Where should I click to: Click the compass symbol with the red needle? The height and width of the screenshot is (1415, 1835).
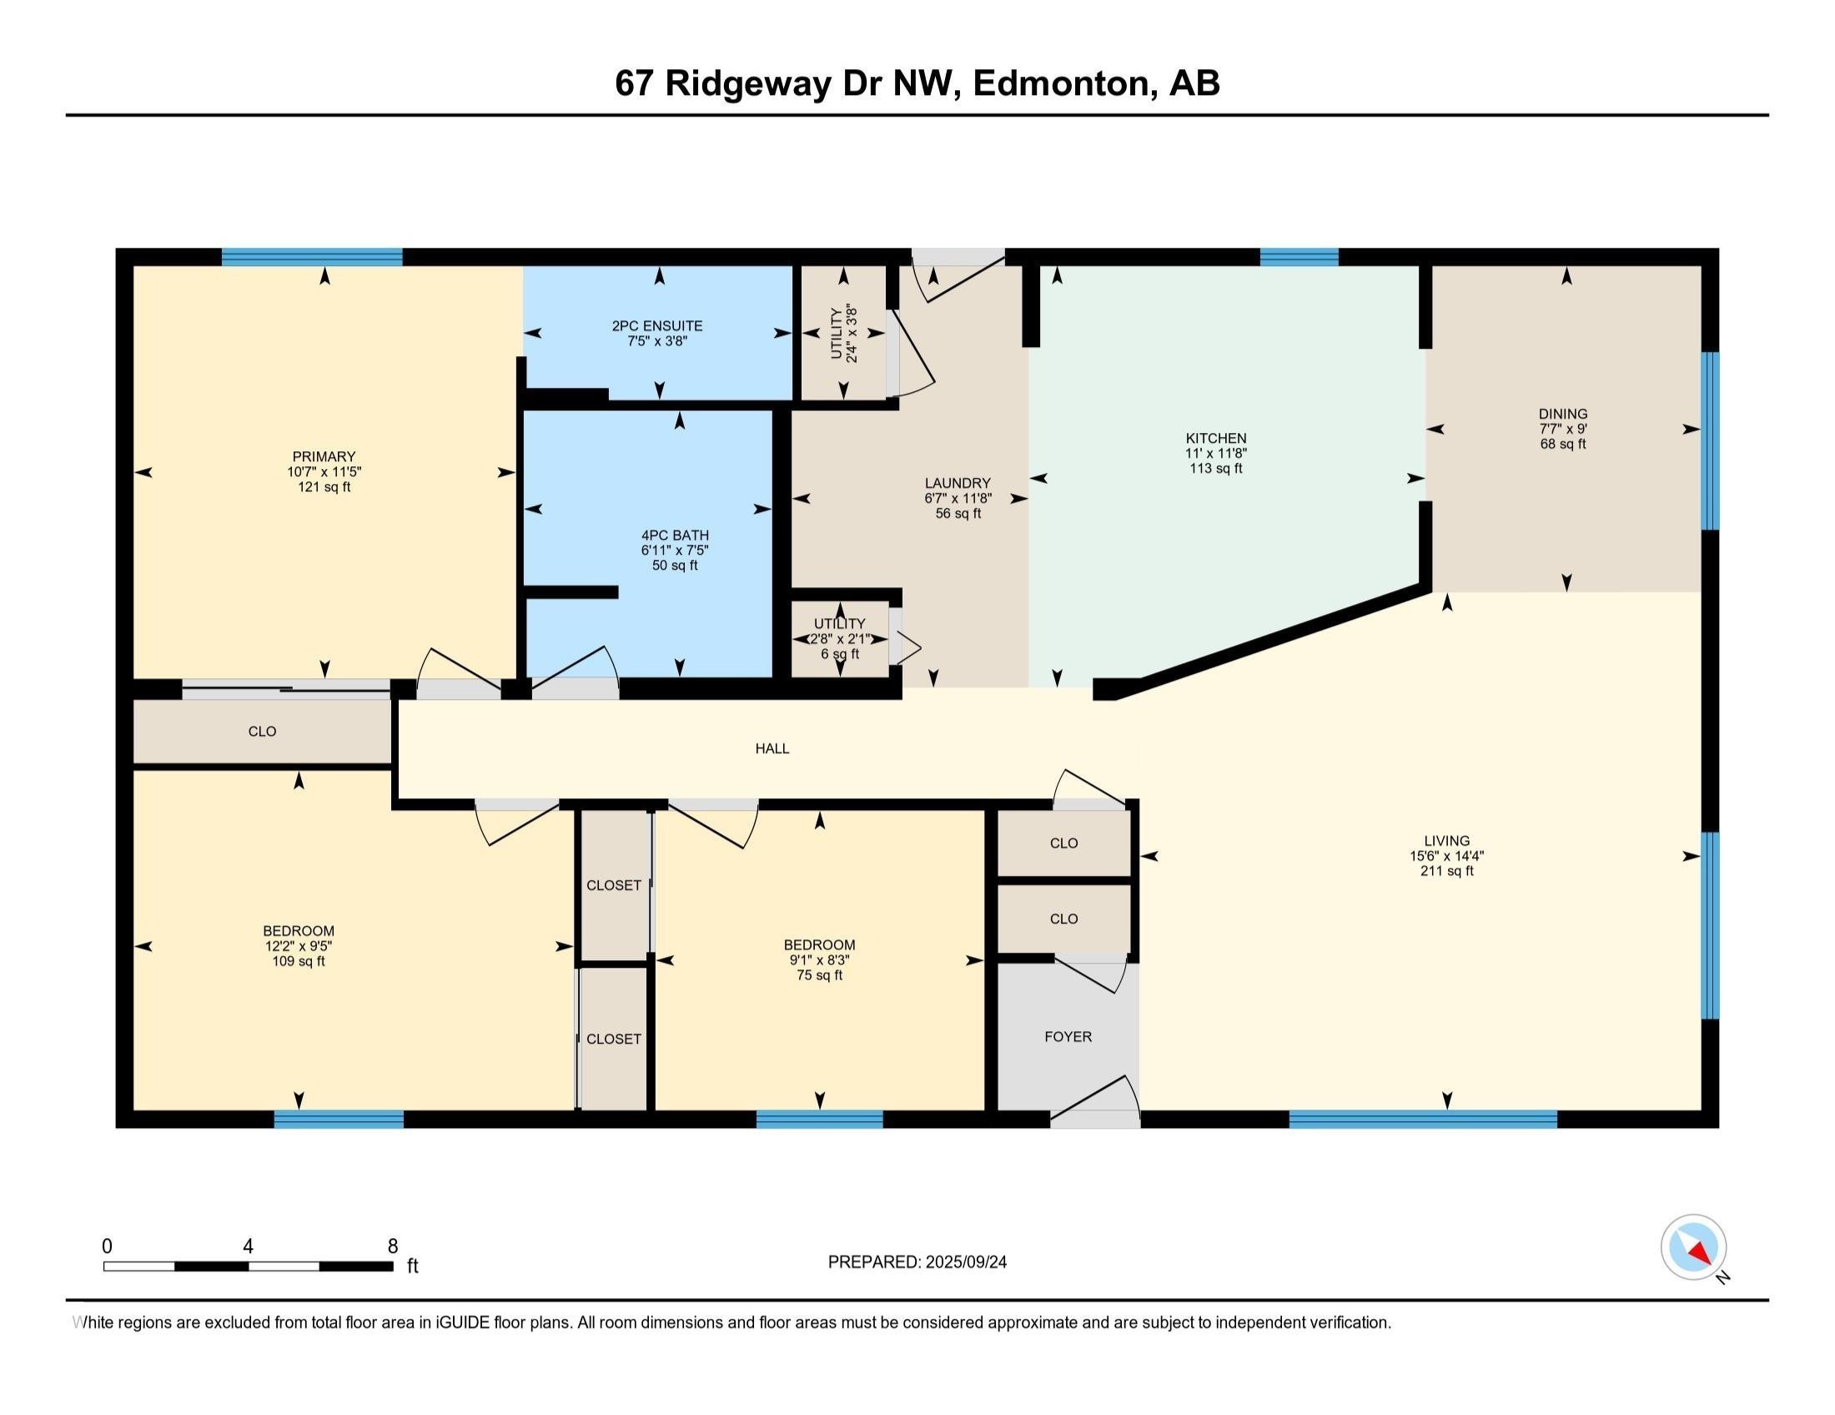(1693, 1247)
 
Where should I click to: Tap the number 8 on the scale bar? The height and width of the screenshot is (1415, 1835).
(392, 1246)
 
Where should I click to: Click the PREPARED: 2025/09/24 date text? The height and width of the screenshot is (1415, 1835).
(917, 1262)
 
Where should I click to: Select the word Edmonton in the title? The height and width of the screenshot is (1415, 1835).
(1060, 83)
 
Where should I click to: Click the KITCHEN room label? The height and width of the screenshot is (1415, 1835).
(1215, 438)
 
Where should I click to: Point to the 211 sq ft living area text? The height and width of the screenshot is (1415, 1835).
(1446, 870)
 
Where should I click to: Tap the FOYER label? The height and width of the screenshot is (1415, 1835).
(1068, 1037)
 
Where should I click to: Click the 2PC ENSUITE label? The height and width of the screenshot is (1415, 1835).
(657, 325)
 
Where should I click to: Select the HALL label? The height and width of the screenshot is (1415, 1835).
(772, 748)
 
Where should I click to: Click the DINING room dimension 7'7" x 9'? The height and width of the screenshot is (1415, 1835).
(1563, 429)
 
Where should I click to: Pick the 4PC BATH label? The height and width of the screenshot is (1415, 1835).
(675, 535)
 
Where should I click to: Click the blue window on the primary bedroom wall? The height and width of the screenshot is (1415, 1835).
(312, 257)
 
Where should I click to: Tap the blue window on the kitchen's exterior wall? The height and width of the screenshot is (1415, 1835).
(1298, 257)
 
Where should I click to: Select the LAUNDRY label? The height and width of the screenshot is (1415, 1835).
(957, 482)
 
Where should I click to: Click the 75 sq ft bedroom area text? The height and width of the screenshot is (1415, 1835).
(819, 974)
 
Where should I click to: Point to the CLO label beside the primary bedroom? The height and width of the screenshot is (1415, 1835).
(262, 731)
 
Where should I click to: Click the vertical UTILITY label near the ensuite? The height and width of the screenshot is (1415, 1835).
(836, 334)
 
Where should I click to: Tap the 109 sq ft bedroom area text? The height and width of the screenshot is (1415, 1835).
(299, 960)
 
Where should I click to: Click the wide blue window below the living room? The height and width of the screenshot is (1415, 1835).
(1422, 1118)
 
